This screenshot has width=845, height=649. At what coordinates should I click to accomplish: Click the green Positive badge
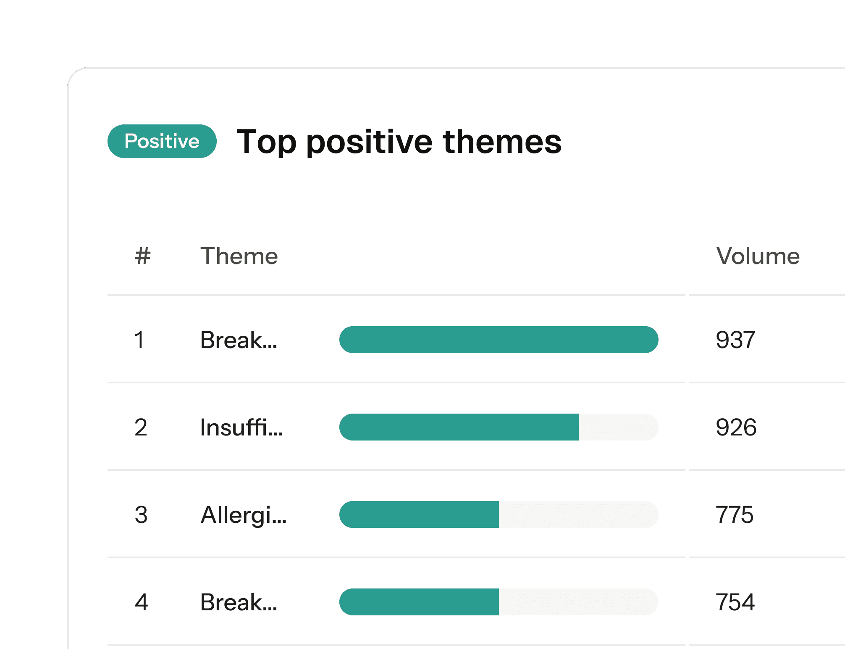click(162, 141)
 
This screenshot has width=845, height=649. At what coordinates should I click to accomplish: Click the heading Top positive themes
click(399, 142)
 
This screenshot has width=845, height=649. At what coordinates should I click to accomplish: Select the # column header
click(143, 256)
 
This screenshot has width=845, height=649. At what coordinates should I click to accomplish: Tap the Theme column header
click(239, 256)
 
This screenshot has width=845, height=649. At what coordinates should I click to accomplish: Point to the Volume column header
click(758, 256)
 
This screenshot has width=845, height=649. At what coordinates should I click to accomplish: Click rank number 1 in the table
click(139, 340)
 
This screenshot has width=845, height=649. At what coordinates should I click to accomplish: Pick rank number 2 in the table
click(141, 427)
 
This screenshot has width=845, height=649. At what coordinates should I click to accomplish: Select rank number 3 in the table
click(141, 514)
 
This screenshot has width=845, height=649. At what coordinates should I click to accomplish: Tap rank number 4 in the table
click(142, 602)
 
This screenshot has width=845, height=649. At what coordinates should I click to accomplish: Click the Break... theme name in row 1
click(239, 340)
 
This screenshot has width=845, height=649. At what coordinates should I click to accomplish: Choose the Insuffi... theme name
click(241, 427)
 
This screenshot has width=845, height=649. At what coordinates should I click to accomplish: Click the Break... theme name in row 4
click(239, 602)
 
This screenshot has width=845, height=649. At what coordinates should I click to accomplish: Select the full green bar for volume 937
click(499, 340)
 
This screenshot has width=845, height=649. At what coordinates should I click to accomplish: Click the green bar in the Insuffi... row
click(459, 427)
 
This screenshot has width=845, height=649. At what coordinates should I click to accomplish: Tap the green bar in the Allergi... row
click(419, 514)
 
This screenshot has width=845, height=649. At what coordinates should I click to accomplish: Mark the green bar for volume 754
click(419, 602)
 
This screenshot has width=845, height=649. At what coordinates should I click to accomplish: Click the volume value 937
click(736, 340)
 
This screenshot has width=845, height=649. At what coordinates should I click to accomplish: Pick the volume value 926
click(736, 427)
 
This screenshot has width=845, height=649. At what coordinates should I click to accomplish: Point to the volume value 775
click(735, 514)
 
